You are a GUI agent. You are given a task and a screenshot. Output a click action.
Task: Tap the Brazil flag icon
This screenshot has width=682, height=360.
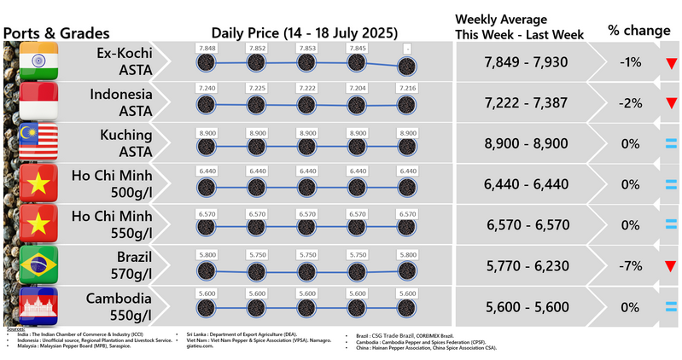[38, 267]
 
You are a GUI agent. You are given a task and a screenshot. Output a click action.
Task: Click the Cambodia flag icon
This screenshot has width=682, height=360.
[38, 308]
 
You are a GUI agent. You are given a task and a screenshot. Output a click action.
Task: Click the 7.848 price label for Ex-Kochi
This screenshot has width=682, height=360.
[205, 49]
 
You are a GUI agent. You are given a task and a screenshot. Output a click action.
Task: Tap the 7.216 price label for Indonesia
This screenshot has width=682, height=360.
[408, 89]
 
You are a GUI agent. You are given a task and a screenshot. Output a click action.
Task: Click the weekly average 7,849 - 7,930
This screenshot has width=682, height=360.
[525, 62]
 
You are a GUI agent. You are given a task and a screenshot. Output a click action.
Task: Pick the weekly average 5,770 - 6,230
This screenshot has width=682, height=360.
[525, 267]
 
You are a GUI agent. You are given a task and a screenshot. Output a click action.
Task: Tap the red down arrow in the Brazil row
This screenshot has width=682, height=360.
[672, 268]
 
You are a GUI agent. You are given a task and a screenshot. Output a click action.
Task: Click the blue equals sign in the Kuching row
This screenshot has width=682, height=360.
[672, 144]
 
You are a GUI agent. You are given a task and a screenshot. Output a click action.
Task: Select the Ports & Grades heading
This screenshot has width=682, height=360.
[57, 33]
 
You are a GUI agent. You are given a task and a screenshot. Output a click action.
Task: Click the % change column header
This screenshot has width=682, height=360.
[638, 31]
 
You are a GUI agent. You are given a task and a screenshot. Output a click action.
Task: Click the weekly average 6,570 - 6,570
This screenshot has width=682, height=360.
[525, 226]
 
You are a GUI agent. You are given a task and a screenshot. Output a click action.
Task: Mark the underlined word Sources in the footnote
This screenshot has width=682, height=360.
[15, 328]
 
